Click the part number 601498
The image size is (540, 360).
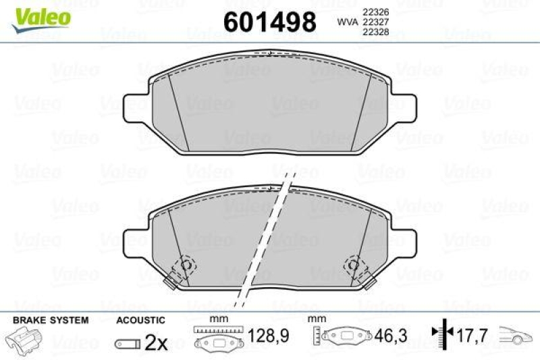[x=269, y=22]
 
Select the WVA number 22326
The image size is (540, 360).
[x=375, y=11]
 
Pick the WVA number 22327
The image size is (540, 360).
[x=375, y=22]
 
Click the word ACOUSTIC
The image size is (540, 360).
[x=140, y=319]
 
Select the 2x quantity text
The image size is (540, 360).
[x=157, y=343]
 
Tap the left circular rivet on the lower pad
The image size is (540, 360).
[x=184, y=265]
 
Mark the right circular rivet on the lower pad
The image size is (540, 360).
[x=353, y=265]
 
